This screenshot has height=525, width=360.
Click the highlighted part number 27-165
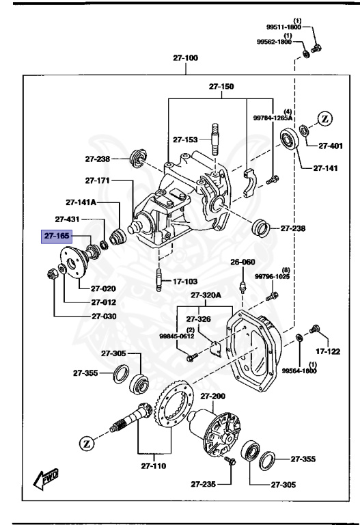point(57,236)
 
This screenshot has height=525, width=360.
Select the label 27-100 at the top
point(186,59)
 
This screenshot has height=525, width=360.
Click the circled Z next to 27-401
point(324,119)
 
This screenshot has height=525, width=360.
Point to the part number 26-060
point(242,262)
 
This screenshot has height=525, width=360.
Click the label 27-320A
point(206,295)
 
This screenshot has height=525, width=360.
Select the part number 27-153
point(185,139)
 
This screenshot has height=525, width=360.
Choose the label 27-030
point(105,317)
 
